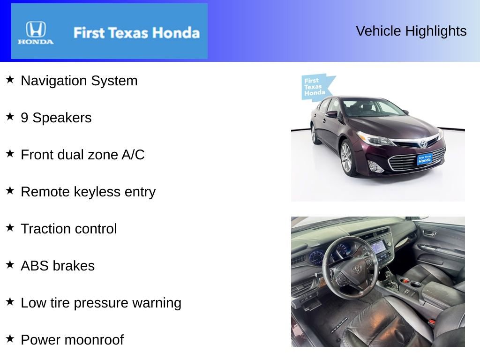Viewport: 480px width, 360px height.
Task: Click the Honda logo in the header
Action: [x=36, y=32]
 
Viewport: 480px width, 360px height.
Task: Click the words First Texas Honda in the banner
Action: [x=136, y=33]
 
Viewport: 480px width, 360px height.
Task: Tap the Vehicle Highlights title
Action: [x=411, y=31]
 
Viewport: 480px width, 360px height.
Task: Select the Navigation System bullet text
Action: [x=79, y=81]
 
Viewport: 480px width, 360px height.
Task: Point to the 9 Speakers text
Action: [x=56, y=118]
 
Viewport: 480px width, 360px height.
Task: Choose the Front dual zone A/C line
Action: [x=82, y=155]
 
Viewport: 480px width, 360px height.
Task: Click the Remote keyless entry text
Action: [x=88, y=192]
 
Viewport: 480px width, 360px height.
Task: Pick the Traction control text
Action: [x=69, y=229]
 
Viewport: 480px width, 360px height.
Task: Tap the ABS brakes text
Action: [x=58, y=266]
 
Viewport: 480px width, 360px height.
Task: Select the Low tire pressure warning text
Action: [x=101, y=303]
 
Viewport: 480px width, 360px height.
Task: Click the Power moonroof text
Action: [x=72, y=340]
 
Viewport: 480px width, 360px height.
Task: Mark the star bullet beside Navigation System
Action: [x=10, y=79]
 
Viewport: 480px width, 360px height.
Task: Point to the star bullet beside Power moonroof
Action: [x=10, y=338]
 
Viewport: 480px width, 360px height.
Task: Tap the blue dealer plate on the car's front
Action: [x=424, y=159]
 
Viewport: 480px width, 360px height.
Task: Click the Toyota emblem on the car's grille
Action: [x=423, y=143]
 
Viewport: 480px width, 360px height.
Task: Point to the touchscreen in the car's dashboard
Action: [x=378, y=247]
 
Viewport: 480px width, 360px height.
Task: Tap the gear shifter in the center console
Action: [x=390, y=278]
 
